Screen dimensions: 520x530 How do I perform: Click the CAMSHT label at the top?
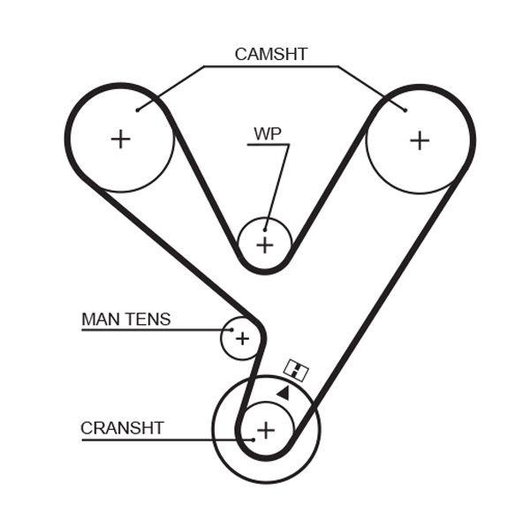click(x=270, y=54)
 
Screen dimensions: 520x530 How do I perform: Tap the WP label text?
click(x=268, y=133)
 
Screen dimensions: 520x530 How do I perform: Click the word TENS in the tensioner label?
click(x=148, y=319)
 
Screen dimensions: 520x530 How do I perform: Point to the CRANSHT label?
click(x=122, y=428)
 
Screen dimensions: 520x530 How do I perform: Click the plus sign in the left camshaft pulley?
click(x=120, y=139)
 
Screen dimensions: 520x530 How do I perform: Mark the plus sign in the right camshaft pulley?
click(x=419, y=139)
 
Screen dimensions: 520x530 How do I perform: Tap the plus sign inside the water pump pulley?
click(x=265, y=245)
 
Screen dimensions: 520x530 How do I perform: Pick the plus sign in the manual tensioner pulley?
click(x=241, y=338)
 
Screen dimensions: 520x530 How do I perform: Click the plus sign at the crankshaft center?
click(x=265, y=430)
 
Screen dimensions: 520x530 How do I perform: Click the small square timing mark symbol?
click(x=296, y=371)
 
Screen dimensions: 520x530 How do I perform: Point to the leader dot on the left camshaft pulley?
click(x=138, y=110)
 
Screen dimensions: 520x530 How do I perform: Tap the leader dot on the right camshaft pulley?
click(x=405, y=109)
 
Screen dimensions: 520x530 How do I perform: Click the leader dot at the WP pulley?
click(x=264, y=229)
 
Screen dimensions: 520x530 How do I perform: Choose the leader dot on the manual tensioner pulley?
click(x=231, y=330)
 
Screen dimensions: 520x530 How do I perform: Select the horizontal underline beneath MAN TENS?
click(x=150, y=330)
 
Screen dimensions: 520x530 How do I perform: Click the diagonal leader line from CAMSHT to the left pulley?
click(x=172, y=87)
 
